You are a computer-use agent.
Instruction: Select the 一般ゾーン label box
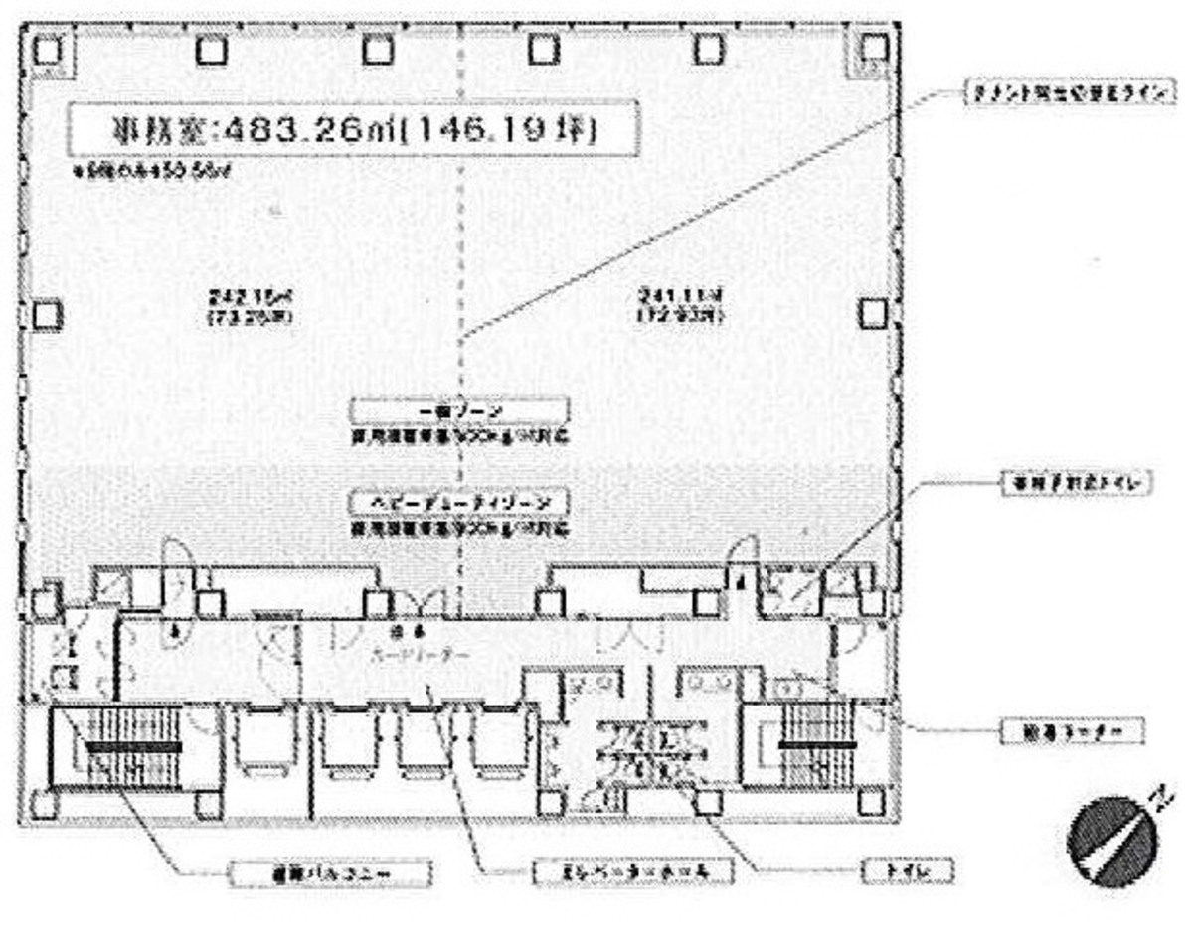(459, 410)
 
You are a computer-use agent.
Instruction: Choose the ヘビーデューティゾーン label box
(459, 500)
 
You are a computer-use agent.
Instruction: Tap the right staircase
(815, 745)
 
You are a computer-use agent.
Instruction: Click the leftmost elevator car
(265, 740)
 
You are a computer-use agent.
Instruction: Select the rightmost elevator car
(503, 740)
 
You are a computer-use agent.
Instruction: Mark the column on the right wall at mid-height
(872, 313)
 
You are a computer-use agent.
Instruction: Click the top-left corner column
(45, 49)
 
